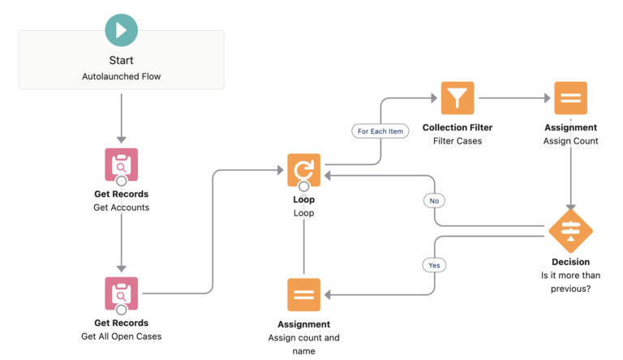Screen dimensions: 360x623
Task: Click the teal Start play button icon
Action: click(121, 30)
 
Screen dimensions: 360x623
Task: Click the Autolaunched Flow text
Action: click(121, 76)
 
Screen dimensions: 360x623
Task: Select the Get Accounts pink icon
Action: click(121, 164)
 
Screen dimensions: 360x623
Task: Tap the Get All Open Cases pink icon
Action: click(121, 293)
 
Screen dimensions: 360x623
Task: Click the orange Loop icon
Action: click(303, 169)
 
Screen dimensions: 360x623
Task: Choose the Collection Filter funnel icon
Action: click(458, 98)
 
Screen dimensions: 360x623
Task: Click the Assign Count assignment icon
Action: click(570, 98)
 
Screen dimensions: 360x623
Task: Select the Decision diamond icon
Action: click(570, 232)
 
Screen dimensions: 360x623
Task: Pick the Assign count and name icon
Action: click(303, 294)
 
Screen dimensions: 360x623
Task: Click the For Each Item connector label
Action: click(380, 130)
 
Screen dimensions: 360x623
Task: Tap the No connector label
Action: click(433, 200)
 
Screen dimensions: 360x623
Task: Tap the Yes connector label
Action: click(433, 264)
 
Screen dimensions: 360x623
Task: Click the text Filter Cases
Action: click(458, 141)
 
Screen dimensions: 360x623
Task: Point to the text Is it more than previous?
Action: click(570, 282)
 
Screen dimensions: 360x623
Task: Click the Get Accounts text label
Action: click(121, 207)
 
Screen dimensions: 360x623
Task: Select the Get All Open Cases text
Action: click(121, 336)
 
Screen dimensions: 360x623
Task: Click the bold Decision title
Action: click(570, 262)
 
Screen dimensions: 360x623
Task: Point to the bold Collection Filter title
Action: click(458, 127)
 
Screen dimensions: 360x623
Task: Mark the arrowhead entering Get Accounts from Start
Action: click(121, 139)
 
